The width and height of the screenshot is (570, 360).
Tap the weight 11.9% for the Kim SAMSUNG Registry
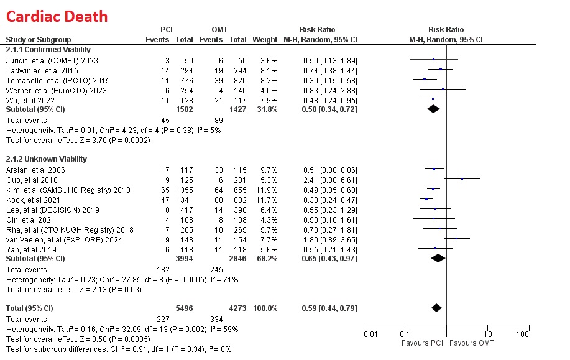pos(268,189)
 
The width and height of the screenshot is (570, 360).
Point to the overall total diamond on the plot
pos(436,308)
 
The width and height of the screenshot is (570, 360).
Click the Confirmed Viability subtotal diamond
pos(433,109)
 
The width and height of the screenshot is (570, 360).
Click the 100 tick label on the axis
pos(522,335)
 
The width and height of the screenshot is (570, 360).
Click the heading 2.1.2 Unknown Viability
pos(47,159)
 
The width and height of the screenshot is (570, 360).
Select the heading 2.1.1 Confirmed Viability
pos(48,49)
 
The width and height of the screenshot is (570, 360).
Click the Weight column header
pos(265,39)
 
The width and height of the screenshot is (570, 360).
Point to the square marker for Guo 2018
pos(462,179)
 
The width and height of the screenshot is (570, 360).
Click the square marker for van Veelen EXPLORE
pos(457,238)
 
